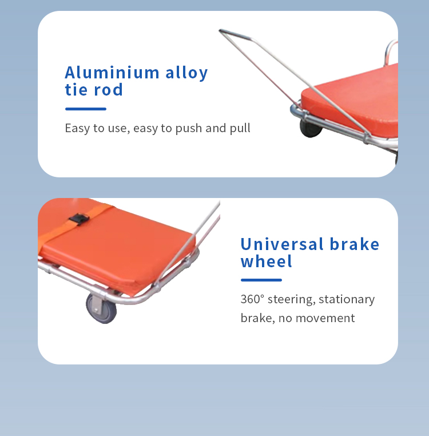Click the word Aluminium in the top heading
112,73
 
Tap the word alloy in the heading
186,73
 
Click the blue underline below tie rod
86,109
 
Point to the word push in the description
189,129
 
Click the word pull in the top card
240,129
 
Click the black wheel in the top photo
310,129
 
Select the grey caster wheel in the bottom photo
101,308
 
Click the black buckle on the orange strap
80,219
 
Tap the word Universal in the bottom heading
282,244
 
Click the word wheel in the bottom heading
267,261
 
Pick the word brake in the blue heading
355,244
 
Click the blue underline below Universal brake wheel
261,280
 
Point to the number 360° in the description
252,299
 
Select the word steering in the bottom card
291,300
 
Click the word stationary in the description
347,300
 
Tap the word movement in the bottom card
325,318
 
